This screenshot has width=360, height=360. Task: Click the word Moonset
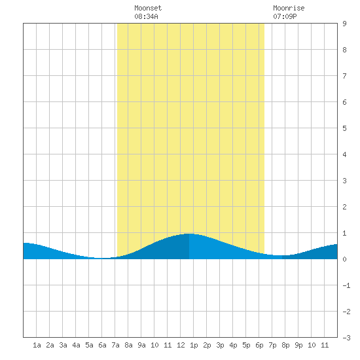tap(148, 8)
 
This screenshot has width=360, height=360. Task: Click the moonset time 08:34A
tap(146, 16)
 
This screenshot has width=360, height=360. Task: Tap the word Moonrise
tap(289, 8)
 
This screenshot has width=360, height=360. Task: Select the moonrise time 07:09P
tap(285, 16)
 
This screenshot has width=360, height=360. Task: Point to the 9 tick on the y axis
tap(344, 24)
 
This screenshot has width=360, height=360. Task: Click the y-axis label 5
tap(344, 128)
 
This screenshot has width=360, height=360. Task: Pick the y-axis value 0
tap(344, 259)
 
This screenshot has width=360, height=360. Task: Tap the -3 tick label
tap(346, 338)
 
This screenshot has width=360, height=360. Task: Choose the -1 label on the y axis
tap(346, 285)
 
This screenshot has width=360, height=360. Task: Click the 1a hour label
tap(37, 345)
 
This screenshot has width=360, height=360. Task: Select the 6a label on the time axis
tap(102, 345)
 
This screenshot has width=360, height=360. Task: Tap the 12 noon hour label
tap(181, 345)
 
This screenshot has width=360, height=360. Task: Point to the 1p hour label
tap(194, 345)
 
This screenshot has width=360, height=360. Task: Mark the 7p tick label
tap(272, 345)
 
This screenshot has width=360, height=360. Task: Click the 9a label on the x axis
tap(141, 345)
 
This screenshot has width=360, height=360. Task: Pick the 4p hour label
tap(233, 345)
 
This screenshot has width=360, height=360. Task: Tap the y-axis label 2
tap(344, 207)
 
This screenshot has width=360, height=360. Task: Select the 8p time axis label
tap(285, 345)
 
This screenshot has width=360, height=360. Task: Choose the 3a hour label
tap(63, 345)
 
